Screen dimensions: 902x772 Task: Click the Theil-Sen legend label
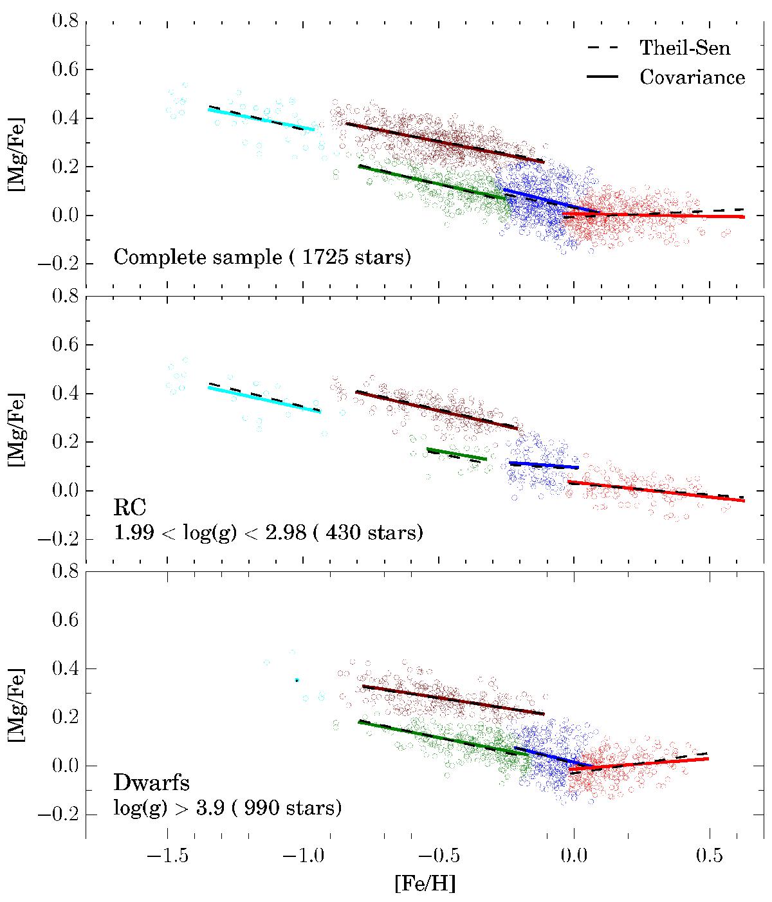[x=685, y=47]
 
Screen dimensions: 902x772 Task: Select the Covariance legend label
[x=692, y=77]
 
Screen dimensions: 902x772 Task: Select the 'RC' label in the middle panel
[x=130, y=508]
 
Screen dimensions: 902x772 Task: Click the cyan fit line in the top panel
[x=261, y=120]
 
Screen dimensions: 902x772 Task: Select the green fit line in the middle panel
[x=457, y=454]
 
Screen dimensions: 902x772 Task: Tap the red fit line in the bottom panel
[x=643, y=764]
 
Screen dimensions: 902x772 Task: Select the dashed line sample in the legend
[x=602, y=47]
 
